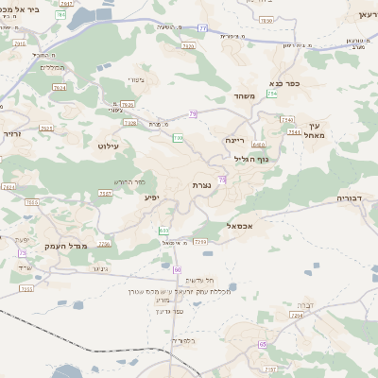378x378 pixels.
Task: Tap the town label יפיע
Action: pos(151,198)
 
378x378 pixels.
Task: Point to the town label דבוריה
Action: pos(355,198)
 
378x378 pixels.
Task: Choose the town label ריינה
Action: pos(234,140)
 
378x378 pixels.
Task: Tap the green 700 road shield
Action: pos(178,138)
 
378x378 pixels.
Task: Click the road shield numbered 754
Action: pos(272,94)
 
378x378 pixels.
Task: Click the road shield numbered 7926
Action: pos(128,105)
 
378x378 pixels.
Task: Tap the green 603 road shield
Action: pos(164,230)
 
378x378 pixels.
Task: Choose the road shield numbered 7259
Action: pos(200,242)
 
